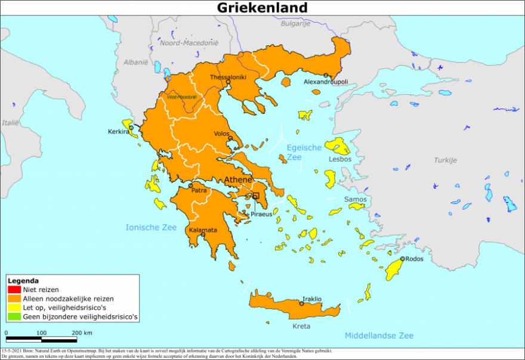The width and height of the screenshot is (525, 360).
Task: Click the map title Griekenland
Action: tap(262, 8)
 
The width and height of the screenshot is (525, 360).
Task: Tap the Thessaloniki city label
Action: tap(228, 77)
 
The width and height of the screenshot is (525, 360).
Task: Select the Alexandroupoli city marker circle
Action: tap(326, 75)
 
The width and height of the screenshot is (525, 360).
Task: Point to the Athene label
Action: tap(238, 180)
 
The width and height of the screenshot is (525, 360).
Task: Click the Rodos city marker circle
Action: tap(403, 259)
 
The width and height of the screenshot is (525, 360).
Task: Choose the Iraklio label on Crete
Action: tap(312, 299)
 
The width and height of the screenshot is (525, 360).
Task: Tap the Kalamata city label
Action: tap(203, 229)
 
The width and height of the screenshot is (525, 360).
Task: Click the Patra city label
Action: tap(199, 191)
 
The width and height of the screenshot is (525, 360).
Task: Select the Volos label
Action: tap(222, 134)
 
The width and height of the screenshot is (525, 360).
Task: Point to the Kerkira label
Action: tap(118, 132)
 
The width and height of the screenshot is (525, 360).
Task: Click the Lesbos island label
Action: tap(341, 159)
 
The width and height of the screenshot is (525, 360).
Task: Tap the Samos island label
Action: tap(355, 198)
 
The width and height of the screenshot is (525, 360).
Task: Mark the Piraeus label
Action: tap(262, 213)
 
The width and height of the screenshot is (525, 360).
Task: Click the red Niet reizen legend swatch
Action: tap(14, 290)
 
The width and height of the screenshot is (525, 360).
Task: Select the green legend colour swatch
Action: tap(14, 318)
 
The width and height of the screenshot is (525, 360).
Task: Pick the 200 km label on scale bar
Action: tap(82, 333)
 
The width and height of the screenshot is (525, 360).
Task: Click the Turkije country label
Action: tap(445, 160)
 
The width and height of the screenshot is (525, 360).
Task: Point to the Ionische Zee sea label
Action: tap(151, 227)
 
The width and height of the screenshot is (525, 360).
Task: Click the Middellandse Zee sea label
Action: tap(379, 336)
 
